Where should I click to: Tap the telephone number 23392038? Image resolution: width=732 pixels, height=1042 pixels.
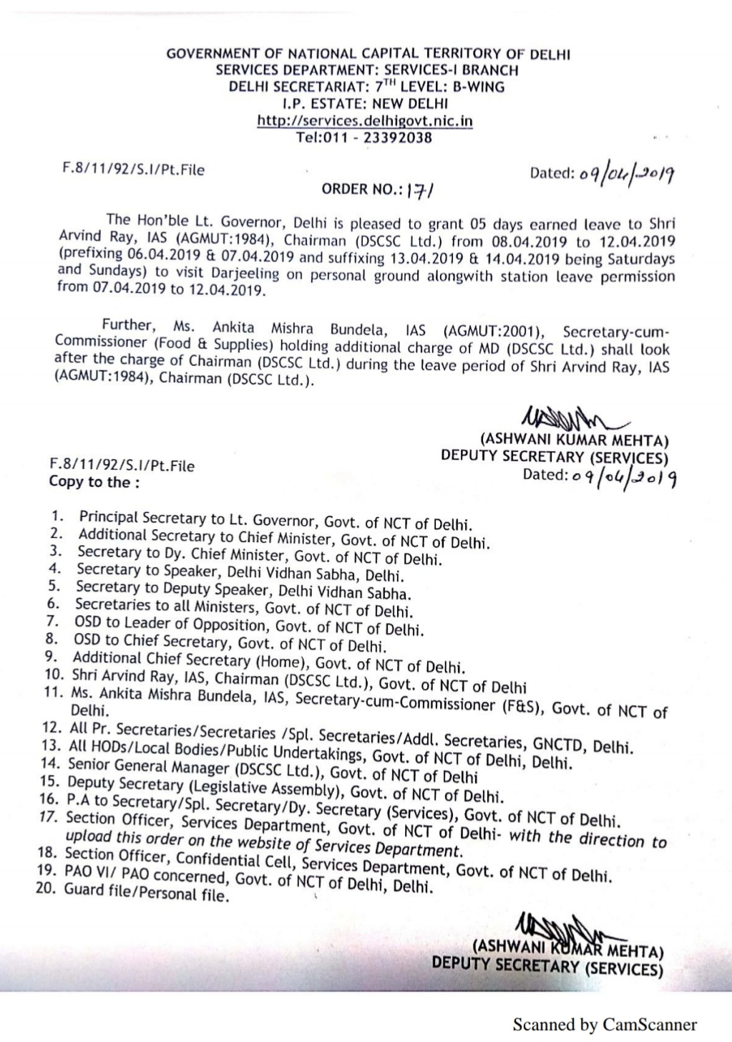(398, 138)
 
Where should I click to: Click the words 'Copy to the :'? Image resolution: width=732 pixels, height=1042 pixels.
(94, 482)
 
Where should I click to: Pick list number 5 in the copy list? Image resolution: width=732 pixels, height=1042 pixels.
(52, 586)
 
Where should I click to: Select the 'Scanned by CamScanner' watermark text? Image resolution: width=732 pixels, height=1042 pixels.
(604, 1025)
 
